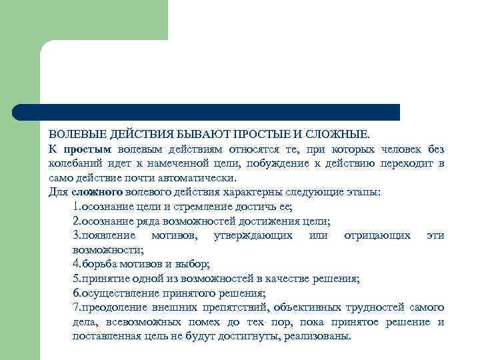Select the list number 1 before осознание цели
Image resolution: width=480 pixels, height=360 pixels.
tap(75, 206)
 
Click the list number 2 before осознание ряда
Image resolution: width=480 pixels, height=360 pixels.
tap(75, 221)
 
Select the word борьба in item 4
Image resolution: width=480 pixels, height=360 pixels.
tap(97, 264)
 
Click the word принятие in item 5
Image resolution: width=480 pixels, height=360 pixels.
tap(103, 278)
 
